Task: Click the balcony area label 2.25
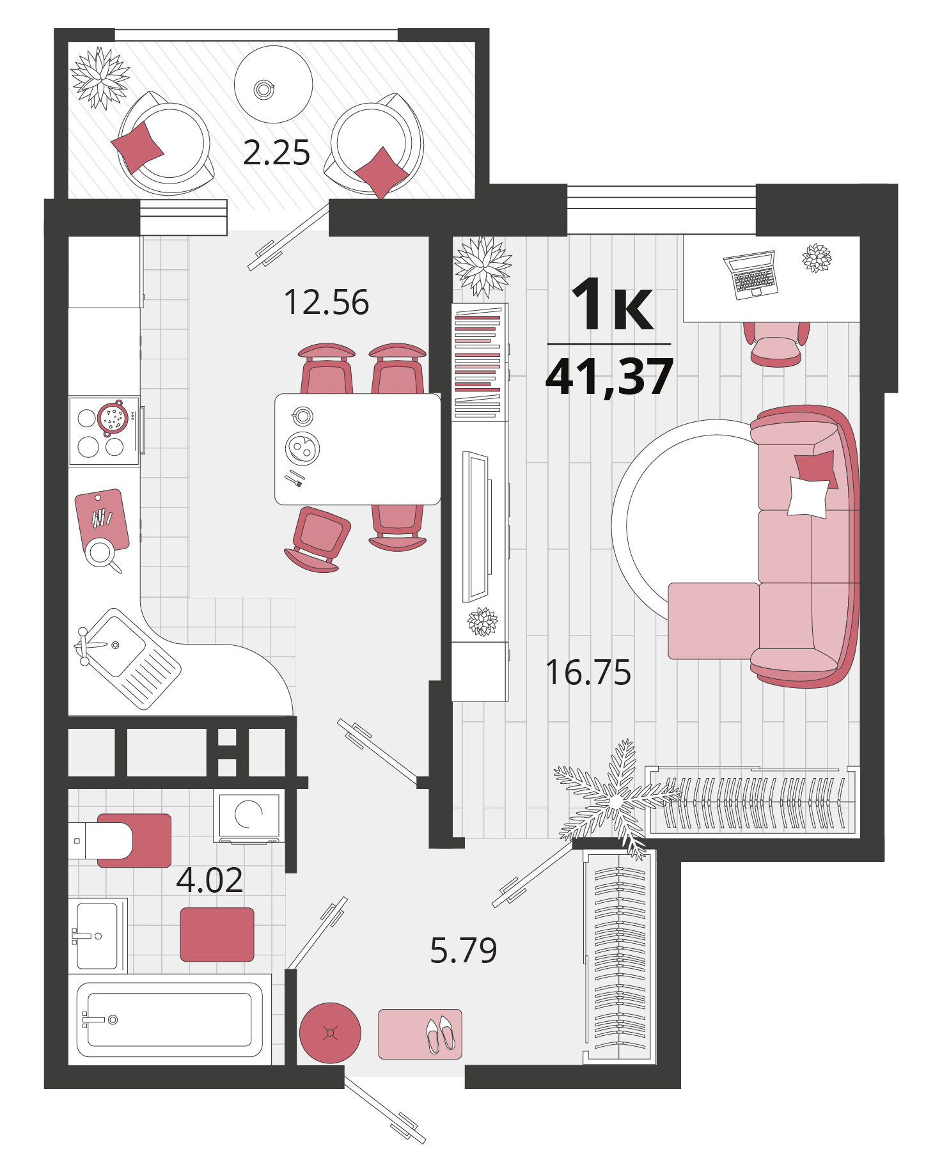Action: point(276,153)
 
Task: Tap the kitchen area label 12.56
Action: point(326,302)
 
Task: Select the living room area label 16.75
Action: point(588,673)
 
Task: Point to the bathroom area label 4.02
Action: point(210,880)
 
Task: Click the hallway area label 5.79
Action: point(464,950)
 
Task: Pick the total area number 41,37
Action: point(609,377)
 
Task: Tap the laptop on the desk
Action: point(751,274)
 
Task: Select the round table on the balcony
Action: point(273,84)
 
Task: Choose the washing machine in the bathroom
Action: point(249,816)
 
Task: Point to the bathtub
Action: point(169,1019)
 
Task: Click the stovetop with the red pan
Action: point(104,431)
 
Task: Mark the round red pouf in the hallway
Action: point(330,1033)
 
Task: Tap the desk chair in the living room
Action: point(776,344)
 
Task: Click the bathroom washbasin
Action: point(97,935)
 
